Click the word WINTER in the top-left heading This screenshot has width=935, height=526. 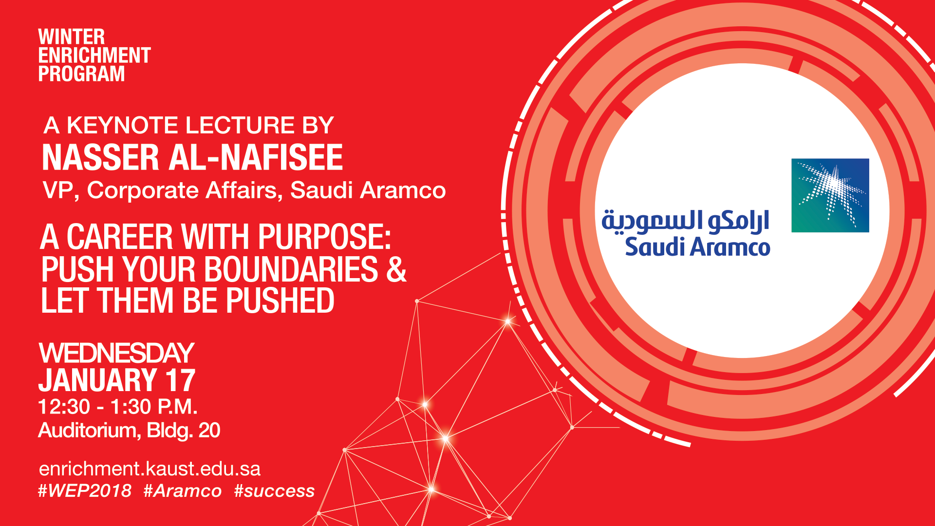(x=72, y=37)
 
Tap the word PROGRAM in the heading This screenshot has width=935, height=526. (x=82, y=74)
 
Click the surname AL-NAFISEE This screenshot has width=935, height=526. (x=256, y=157)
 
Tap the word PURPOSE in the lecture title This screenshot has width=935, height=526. (x=324, y=237)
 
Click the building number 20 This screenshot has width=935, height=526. (x=209, y=431)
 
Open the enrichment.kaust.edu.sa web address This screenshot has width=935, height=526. (x=150, y=469)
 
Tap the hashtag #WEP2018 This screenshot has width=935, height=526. (x=85, y=491)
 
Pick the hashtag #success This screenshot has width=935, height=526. (x=274, y=491)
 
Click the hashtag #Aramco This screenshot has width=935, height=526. (x=183, y=491)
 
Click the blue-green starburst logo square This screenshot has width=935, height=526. (x=830, y=195)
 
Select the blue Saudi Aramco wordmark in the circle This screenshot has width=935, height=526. (x=697, y=246)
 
